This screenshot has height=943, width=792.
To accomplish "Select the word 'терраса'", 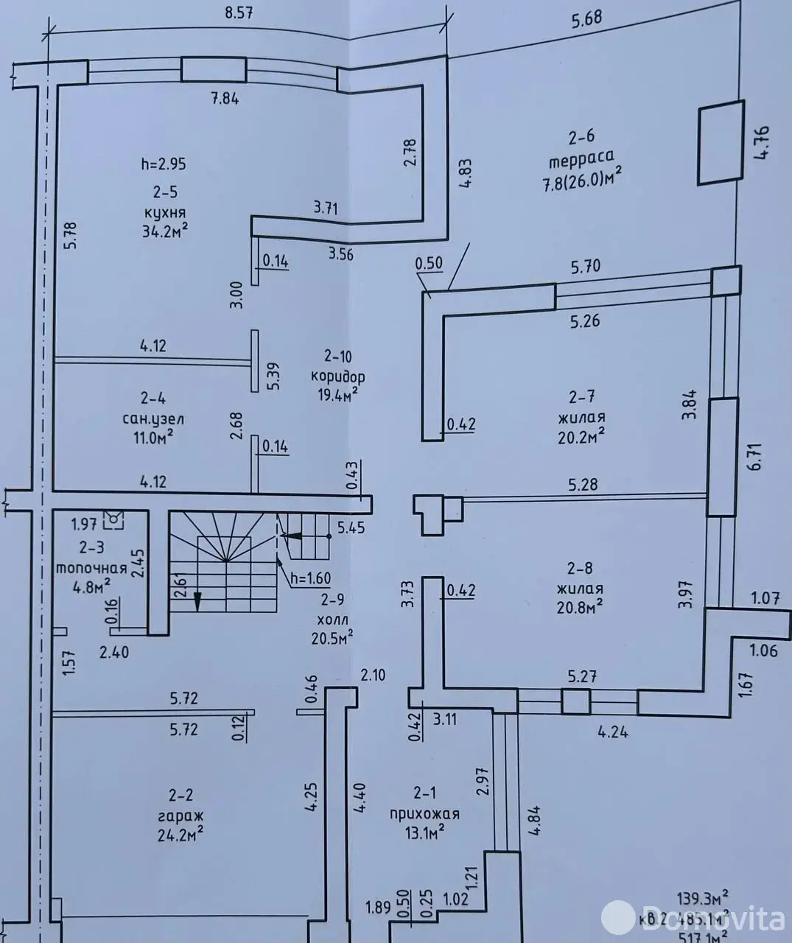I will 581,156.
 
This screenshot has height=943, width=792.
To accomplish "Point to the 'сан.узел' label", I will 153,418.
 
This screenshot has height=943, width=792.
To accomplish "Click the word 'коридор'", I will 338,376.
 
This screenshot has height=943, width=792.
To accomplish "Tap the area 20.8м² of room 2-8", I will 581,608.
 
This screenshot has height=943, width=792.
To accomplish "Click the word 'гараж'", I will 184,816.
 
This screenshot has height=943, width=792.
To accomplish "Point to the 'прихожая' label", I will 424,814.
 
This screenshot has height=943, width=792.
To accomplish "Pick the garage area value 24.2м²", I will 184,835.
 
